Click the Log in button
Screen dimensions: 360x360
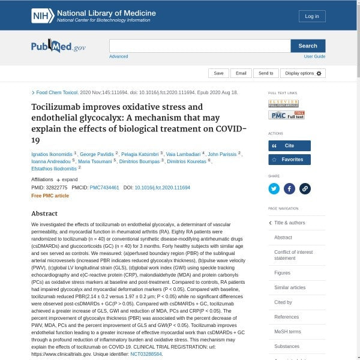(x=312, y=16)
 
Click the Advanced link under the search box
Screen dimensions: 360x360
(x=118, y=56)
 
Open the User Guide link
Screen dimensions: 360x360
(x=314, y=56)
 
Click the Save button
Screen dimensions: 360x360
(x=218, y=73)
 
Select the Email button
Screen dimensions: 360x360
(x=241, y=73)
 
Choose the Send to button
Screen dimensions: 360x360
(x=266, y=73)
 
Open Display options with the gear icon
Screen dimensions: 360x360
(x=303, y=73)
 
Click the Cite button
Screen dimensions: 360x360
(x=289, y=146)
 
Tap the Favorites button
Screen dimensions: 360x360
(x=289, y=160)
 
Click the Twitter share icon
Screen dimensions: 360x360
(x=274, y=188)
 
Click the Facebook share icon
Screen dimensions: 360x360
(x=289, y=188)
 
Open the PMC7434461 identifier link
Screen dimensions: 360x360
(x=104, y=188)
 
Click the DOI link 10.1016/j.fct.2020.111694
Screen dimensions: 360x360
(x=162, y=188)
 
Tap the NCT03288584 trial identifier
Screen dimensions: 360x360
(x=146, y=355)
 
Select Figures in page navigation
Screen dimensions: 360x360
(x=283, y=272)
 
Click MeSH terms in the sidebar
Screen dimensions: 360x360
(x=287, y=332)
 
